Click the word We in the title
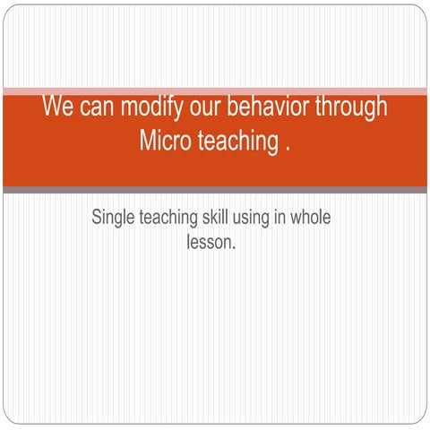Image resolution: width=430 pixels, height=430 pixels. tap(57, 107)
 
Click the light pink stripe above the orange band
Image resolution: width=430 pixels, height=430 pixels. tap(215, 90)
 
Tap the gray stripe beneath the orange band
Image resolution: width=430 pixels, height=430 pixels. tap(215, 190)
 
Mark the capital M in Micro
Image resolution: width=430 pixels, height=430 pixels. tap(149, 142)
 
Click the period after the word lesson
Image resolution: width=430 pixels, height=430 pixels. tap(234, 246)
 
